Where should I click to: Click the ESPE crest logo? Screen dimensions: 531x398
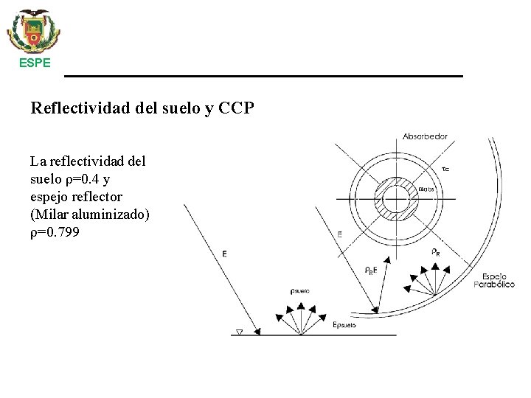pyautogui.click(x=34, y=30)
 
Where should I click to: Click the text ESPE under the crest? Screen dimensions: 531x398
pyautogui.click(x=35, y=63)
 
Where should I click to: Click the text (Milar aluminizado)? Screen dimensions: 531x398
pyautogui.click(x=90, y=214)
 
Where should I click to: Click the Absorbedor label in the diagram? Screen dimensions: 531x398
pyautogui.click(x=425, y=136)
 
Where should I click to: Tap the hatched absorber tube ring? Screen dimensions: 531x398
pyautogui.click(x=399, y=197)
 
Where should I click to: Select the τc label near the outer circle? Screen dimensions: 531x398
pyautogui.click(x=445, y=170)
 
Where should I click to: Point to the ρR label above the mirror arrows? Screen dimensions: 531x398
pyautogui.click(x=436, y=251)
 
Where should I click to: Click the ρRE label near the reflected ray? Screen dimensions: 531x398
pyautogui.click(x=371, y=270)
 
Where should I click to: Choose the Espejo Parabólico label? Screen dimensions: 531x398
pyautogui.click(x=493, y=280)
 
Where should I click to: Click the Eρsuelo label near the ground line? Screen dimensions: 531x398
pyautogui.click(x=344, y=324)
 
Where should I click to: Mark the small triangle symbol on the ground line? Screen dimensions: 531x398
pyautogui.click(x=238, y=332)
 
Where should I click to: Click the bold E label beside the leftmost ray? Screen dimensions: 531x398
pyautogui.click(x=224, y=254)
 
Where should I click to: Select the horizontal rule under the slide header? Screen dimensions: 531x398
pyautogui.click(x=263, y=76)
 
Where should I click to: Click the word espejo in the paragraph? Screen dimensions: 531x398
pyautogui.click(x=49, y=197)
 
